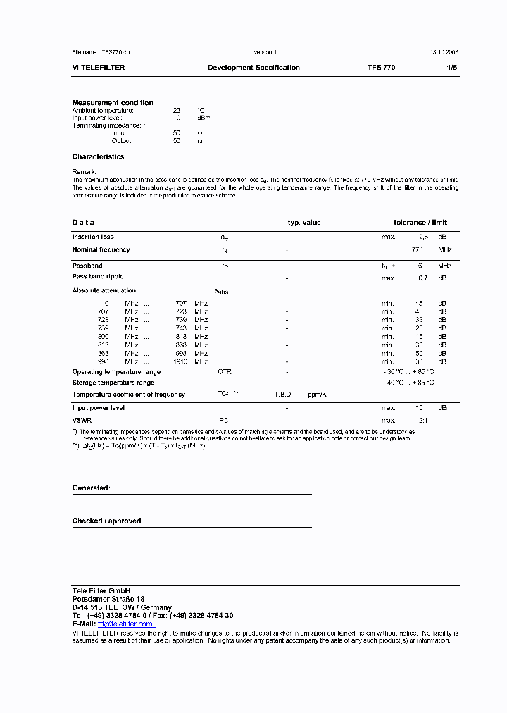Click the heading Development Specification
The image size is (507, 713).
254,68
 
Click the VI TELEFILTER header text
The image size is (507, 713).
99,68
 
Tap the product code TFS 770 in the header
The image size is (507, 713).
381,68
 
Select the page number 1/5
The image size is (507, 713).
451,68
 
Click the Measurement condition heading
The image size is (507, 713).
113,103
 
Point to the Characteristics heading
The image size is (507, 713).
98,157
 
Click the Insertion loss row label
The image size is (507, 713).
93,237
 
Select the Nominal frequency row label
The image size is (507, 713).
101,250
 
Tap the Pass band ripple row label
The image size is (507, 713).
99,277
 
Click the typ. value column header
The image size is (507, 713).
303,223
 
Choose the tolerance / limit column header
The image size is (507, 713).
420,223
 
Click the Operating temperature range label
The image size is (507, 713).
116,372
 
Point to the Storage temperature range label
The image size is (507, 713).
113,383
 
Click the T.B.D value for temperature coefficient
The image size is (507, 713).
282,395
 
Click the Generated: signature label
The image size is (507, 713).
90,488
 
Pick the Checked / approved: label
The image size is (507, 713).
107,521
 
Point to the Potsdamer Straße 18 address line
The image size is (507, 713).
108,599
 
